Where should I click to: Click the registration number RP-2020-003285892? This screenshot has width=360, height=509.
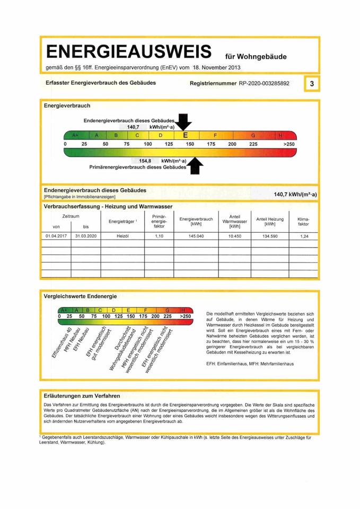point(264,84)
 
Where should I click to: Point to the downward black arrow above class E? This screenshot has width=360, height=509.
point(184,122)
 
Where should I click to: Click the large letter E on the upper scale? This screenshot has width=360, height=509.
point(186,135)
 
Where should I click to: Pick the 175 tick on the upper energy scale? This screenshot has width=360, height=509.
point(210,144)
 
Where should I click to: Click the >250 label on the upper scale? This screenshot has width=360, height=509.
point(289,144)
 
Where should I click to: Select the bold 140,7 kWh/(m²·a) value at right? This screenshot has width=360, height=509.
point(295,195)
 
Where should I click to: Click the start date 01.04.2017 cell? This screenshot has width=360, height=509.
point(56,236)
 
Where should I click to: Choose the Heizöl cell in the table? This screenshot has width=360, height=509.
point(122,236)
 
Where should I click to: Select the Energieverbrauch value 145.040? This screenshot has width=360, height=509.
point(196,236)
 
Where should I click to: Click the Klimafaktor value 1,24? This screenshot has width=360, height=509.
point(304,236)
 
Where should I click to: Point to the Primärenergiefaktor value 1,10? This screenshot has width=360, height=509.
point(159,236)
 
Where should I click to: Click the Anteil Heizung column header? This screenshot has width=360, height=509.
point(269,222)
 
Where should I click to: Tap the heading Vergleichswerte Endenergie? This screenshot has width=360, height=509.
point(80,296)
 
